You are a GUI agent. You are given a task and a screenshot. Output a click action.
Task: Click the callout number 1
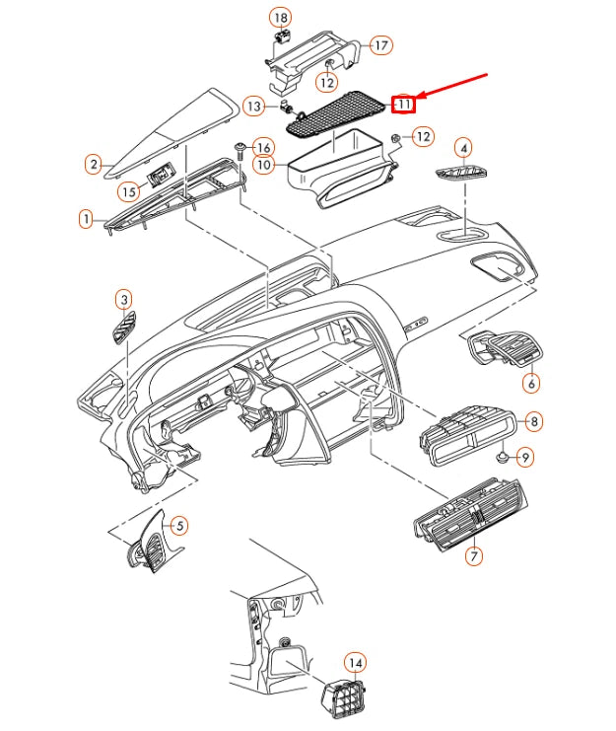pyautogui.click(x=87, y=218)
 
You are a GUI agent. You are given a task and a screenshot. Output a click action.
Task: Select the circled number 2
pyautogui.click(x=93, y=165)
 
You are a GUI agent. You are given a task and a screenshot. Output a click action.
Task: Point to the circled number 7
pyautogui.click(x=474, y=556)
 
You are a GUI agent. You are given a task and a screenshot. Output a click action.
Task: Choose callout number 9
pyautogui.click(x=524, y=458)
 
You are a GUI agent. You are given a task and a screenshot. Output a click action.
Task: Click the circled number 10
pyautogui.click(x=264, y=165)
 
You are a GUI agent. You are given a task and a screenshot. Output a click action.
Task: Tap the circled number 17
pyautogui.click(x=380, y=44)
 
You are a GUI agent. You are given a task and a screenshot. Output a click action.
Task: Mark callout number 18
pyautogui.click(x=281, y=19)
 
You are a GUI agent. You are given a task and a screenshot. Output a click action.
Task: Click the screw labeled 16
pyautogui.click(x=240, y=152)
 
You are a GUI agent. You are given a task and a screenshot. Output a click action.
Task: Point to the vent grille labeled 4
pyautogui.click(x=460, y=175)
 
